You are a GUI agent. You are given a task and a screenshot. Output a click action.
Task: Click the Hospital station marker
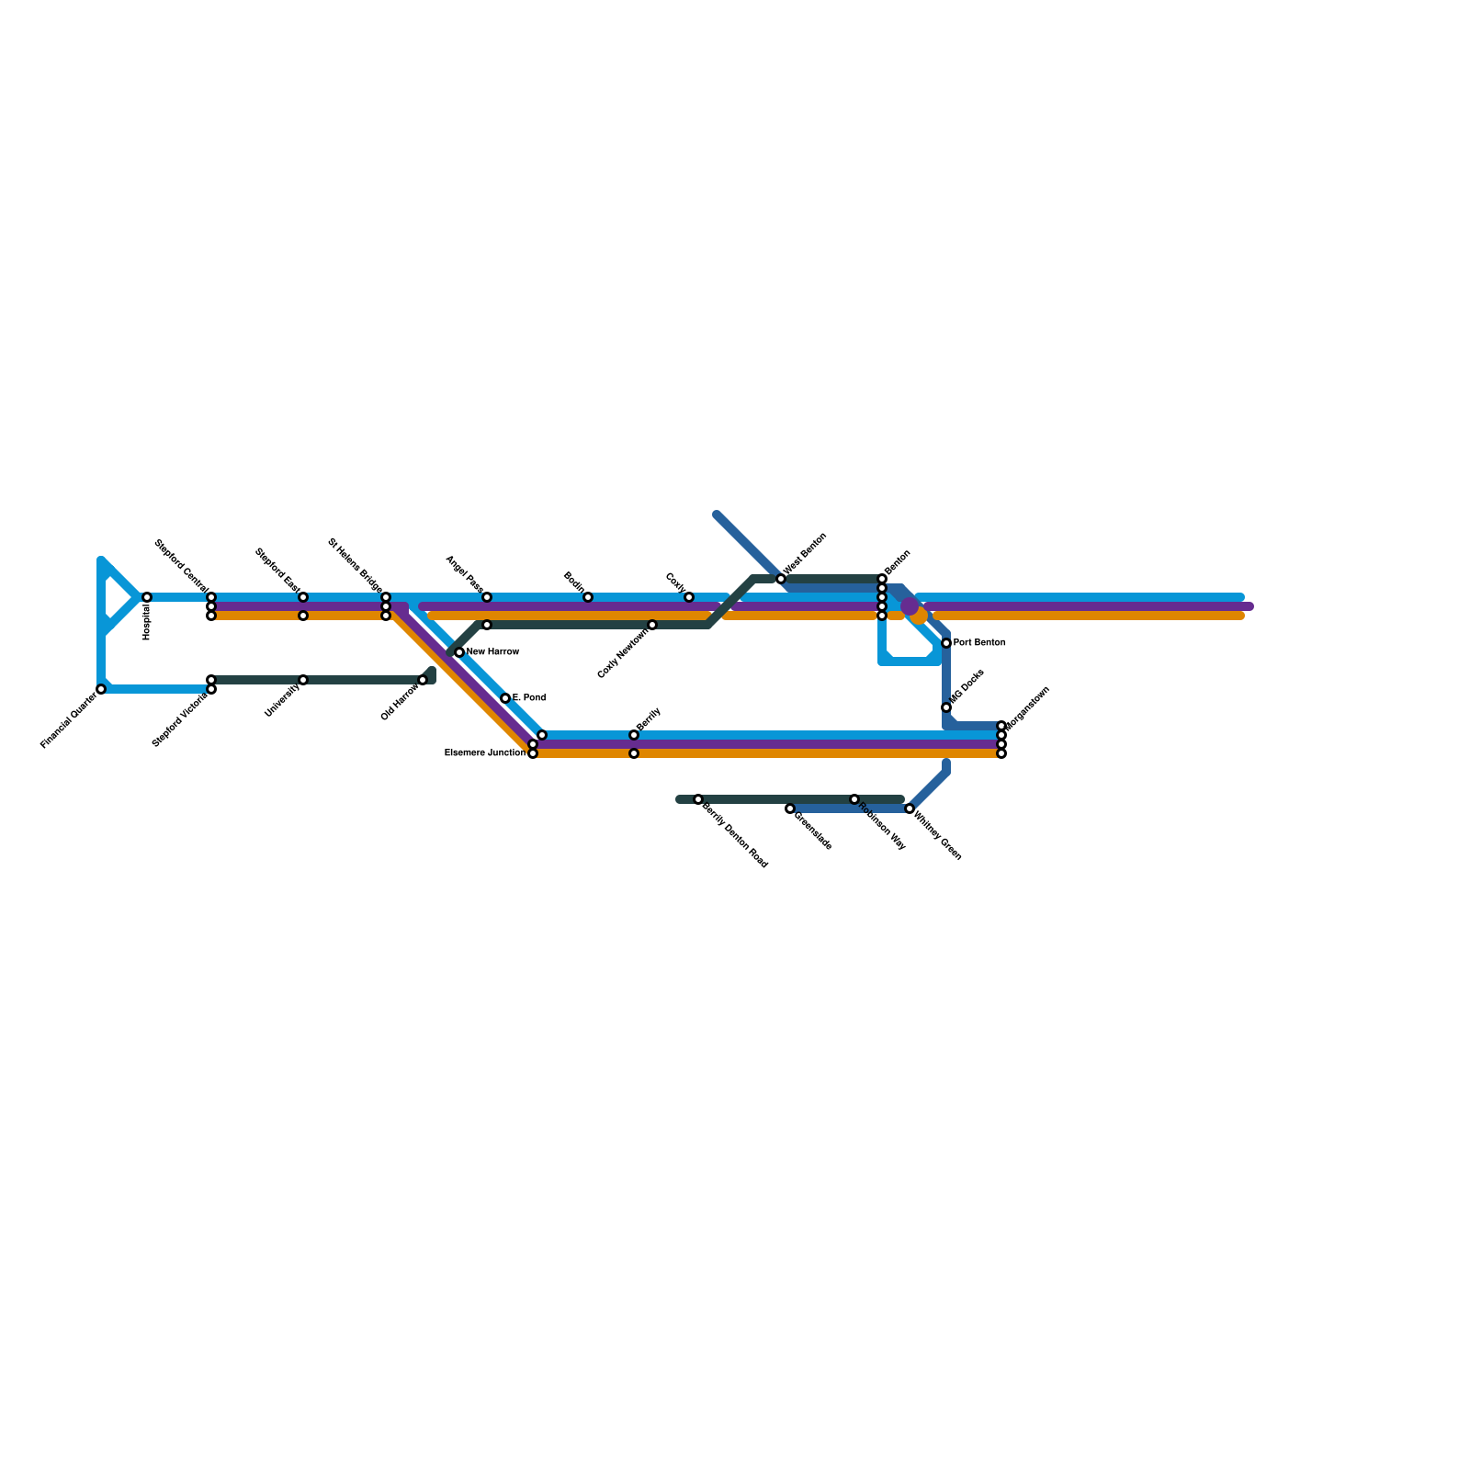tap(147, 597)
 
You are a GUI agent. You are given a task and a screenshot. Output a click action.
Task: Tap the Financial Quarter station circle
tap(101, 689)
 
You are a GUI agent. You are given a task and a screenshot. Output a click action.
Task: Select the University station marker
tap(303, 680)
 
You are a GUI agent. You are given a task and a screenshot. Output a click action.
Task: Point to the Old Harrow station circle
tap(423, 680)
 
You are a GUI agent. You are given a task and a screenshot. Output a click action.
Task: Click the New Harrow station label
tap(493, 652)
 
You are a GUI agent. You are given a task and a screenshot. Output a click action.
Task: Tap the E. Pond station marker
tap(505, 698)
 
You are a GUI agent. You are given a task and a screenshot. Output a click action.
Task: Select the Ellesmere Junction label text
tap(484, 753)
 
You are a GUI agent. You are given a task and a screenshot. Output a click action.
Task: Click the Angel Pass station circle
tap(487, 597)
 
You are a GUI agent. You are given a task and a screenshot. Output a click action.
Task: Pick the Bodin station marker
tap(588, 597)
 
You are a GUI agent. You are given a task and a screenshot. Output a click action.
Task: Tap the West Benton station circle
tap(781, 579)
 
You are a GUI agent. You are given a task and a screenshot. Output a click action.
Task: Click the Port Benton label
tap(979, 643)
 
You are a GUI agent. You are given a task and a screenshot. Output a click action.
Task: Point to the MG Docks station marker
tap(946, 707)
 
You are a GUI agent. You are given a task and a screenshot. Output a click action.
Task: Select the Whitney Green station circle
tap(910, 808)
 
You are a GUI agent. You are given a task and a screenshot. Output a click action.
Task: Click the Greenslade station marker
tap(790, 808)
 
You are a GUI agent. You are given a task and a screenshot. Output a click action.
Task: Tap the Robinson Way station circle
tap(854, 799)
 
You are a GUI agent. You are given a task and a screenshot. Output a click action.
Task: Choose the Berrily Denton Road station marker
tap(698, 799)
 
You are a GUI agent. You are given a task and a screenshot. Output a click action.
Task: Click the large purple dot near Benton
tap(910, 606)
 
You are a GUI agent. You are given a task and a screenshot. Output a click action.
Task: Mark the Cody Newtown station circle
tap(652, 625)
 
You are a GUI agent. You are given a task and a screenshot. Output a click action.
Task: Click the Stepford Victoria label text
tap(180, 719)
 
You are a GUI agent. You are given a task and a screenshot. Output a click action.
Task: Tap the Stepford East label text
tap(277, 569)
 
